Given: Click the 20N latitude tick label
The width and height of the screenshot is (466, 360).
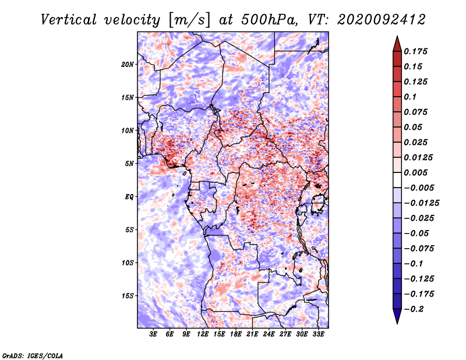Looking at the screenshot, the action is tap(127, 65).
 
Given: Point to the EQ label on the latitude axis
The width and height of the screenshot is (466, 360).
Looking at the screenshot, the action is tap(129, 197).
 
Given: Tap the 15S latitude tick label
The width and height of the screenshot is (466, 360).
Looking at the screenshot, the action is tap(127, 296).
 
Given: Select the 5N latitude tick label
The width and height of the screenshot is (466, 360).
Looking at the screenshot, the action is tap(129, 164).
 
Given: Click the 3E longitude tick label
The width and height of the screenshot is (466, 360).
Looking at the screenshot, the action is tap(153, 334).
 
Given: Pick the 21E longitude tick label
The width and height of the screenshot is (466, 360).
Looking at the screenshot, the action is tap(252, 334).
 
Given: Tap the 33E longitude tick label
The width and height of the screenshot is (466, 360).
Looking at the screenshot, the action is tap(318, 334).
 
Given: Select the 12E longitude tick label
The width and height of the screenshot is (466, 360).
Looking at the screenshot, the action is tap(203, 334).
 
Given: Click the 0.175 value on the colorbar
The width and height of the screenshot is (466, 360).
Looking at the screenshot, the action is tap(416, 51).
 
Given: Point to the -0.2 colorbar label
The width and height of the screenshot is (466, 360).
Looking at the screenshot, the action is tap(414, 309).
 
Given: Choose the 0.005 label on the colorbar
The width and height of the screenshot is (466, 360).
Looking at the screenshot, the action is tap(416, 172).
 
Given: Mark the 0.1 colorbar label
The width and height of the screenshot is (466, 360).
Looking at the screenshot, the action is tap(410, 97).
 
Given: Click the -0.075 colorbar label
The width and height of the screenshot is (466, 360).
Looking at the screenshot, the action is tap(419, 249).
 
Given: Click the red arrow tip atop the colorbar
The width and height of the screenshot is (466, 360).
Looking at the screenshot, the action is tap(397, 37).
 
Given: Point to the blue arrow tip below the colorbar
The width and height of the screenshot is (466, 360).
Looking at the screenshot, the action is tap(397, 323).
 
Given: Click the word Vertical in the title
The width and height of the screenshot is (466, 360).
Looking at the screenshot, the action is tap(69, 20).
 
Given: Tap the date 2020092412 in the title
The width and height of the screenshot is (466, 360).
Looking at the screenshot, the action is tap(382, 20).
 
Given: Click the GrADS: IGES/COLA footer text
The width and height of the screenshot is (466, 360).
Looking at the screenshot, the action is tap(33, 356).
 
